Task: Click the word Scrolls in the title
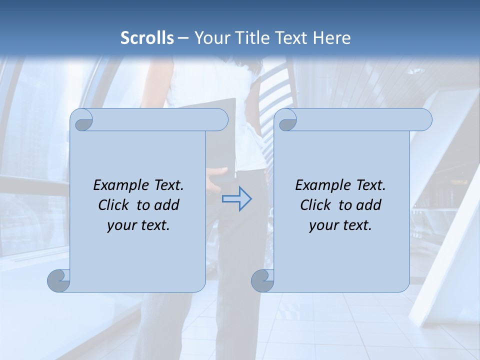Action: pyautogui.click(x=147, y=38)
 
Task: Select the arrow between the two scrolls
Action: pyautogui.click(x=236, y=199)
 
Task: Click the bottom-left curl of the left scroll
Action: pyautogui.click(x=59, y=281)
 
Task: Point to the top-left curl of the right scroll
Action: pyautogui.click(x=287, y=120)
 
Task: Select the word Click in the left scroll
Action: pyautogui.click(x=114, y=205)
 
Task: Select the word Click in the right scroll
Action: pyautogui.click(x=315, y=205)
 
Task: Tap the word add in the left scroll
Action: pyautogui.click(x=167, y=205)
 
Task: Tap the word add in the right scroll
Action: pyautogui.click(x=369, y=205)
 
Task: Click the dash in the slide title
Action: pyautogui.click(x=183, y=38)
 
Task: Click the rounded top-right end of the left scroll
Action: pyautogui.click(x=220, y=119)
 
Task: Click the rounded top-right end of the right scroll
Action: pyautogui.click(x=424, y=119)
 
